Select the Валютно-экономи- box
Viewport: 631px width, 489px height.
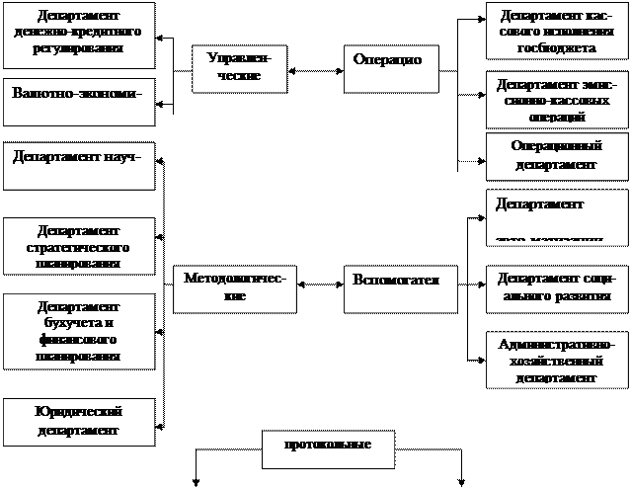79,102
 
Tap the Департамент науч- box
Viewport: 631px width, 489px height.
79,165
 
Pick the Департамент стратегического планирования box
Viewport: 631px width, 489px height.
79,246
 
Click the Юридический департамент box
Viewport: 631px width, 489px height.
79,421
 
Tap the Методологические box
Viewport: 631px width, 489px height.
234,287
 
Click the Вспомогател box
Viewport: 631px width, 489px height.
394,287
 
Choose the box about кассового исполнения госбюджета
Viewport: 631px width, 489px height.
555,32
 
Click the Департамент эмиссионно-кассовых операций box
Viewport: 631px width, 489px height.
555,100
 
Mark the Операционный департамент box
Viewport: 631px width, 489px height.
555,155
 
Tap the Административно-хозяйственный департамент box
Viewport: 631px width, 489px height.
555,360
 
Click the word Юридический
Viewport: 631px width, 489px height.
79,412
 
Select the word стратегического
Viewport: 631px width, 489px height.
79,247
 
